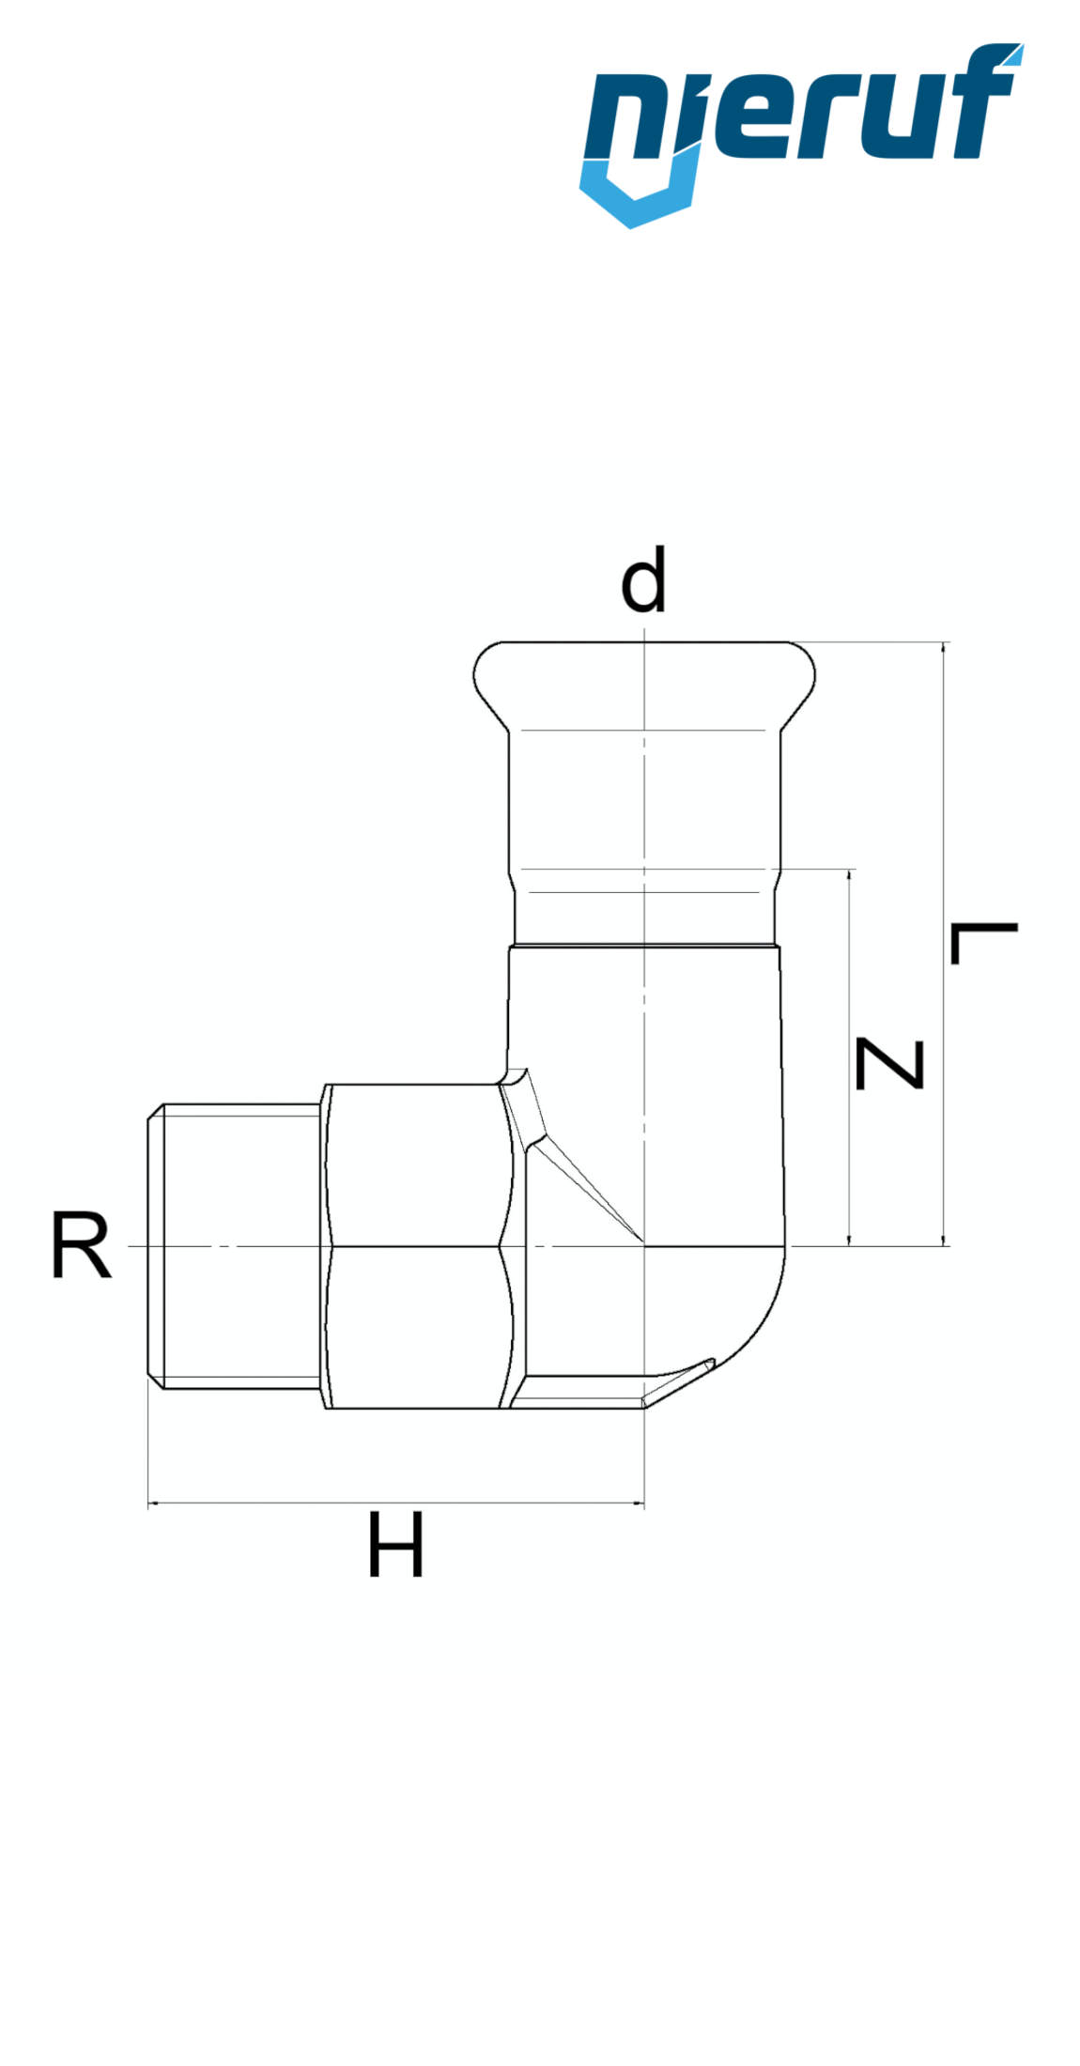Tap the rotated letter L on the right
(x=983, y=943)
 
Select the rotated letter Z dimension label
(x=890, y=1064)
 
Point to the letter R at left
(x=81, y=1246)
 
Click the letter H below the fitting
(x=395, y=1545)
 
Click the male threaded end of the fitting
(x=235, y=1246)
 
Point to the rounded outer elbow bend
(x=761, y=1334)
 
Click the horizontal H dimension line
(x=395, y=1503)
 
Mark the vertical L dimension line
(x=945, y=939)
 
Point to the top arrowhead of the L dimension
(x=945, y=649)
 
